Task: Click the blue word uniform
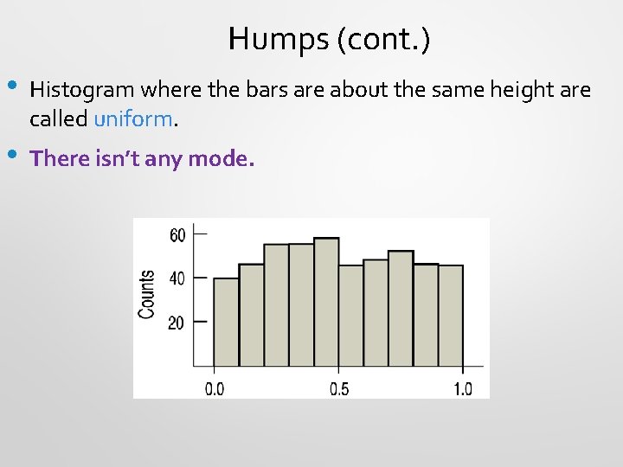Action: (134, 119)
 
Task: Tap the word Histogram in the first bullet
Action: (83, 89)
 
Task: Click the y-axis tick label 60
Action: (177, 234)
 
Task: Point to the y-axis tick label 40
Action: (177, 278)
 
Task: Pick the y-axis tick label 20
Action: (177, 323)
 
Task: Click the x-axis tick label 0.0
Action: (214, 389)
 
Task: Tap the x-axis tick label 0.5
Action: (339, 389)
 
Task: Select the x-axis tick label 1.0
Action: (463, 389)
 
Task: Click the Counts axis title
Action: (148, 294)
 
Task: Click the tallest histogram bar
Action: (326, 303)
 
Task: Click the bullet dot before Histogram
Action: (11, 86)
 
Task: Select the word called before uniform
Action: (58, 119)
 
